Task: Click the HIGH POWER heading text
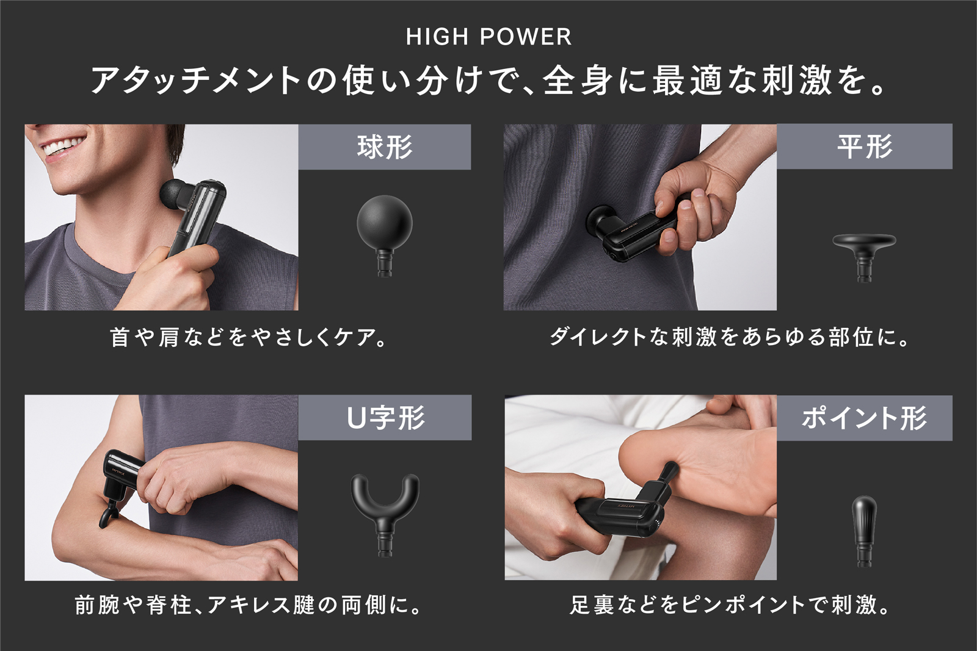(488, 37)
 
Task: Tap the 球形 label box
(384, 147)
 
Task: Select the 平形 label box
(865, 147)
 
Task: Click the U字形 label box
(385, 418)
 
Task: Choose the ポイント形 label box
(865, 418)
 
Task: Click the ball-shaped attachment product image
(384, 236)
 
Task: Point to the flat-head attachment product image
(864, 258)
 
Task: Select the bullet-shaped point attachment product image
(864, 531)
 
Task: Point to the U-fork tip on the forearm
(107, 515)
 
